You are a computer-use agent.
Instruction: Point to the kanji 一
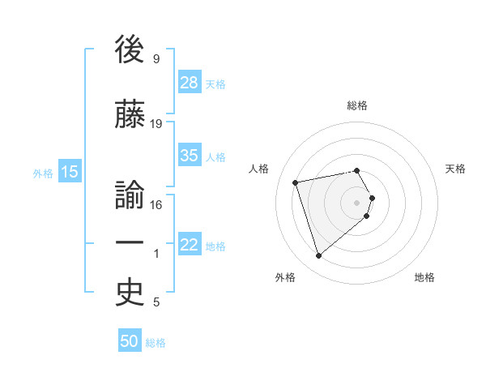coord(130,242)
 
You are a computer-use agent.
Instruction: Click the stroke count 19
coord(156,124)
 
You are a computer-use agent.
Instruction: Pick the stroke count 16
coord(156,205)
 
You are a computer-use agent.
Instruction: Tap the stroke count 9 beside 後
coord(156,59)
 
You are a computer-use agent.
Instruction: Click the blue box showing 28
coord(190,83)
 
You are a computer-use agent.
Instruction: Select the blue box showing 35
coord(190,156)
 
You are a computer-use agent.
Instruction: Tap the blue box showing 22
coord(190,245)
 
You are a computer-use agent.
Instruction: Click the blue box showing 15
coord(70,171)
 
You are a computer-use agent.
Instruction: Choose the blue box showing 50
coord(130,341)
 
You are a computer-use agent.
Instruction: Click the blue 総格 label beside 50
coord(156,343)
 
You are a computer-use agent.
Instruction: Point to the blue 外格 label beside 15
coord(43,173)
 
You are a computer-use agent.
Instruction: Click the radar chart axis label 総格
coord(357,105)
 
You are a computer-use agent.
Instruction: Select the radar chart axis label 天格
coord(456,169)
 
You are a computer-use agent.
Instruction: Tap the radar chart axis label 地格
coord(424,277)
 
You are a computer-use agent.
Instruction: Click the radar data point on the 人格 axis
coord(296,182)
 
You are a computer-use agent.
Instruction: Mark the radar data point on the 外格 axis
coord(318,255)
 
